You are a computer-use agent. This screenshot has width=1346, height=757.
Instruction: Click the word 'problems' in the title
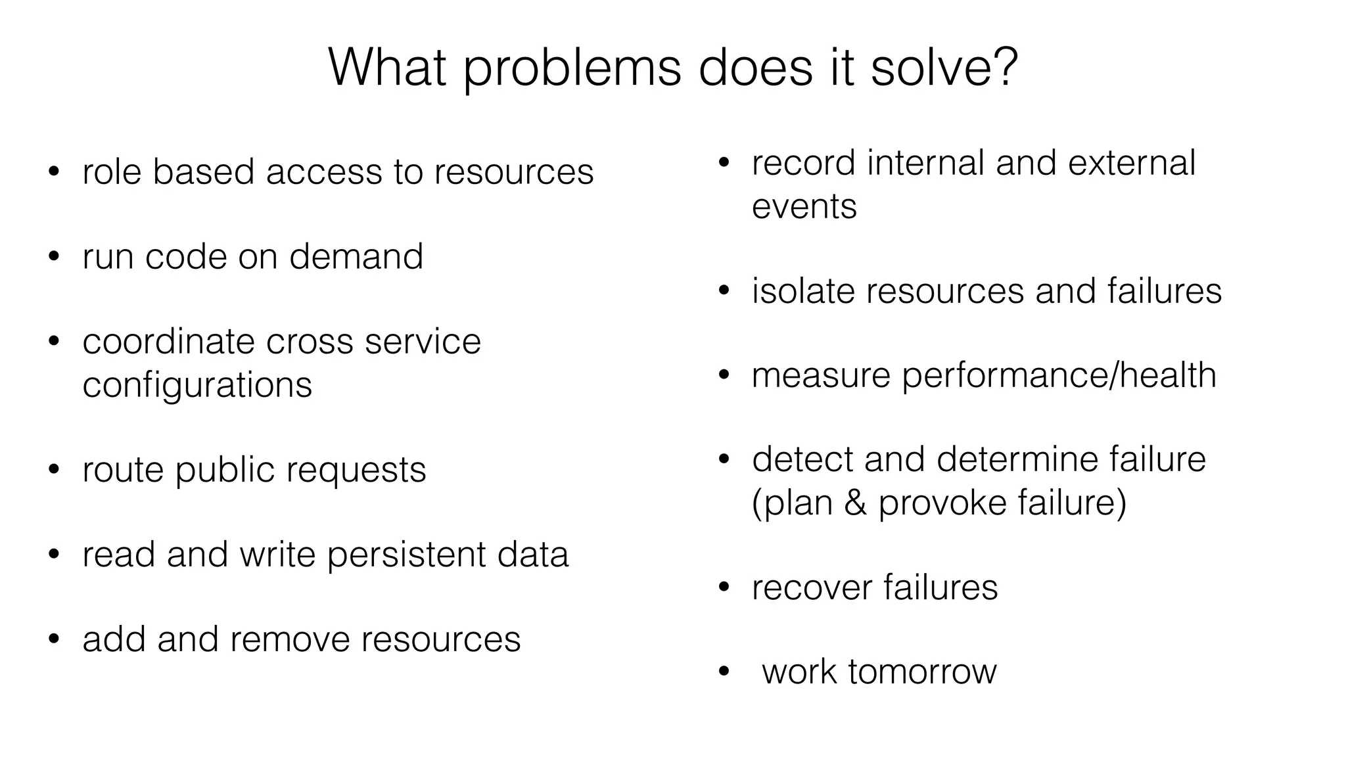coord(572,69)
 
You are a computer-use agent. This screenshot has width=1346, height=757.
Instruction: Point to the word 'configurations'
coord(197,386)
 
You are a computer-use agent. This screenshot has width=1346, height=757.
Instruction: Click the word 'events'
coord(804,207)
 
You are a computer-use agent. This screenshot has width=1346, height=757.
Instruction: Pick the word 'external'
coord(1131,163)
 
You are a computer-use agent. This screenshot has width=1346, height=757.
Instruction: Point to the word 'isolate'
coord(803,291)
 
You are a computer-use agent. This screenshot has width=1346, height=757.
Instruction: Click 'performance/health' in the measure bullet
coord(1059,376)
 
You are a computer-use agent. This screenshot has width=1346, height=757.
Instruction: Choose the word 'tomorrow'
coord(922,672)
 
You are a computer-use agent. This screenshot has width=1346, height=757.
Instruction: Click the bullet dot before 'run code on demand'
coord(54,257)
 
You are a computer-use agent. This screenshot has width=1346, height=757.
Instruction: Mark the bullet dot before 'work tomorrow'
coord(724,672)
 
